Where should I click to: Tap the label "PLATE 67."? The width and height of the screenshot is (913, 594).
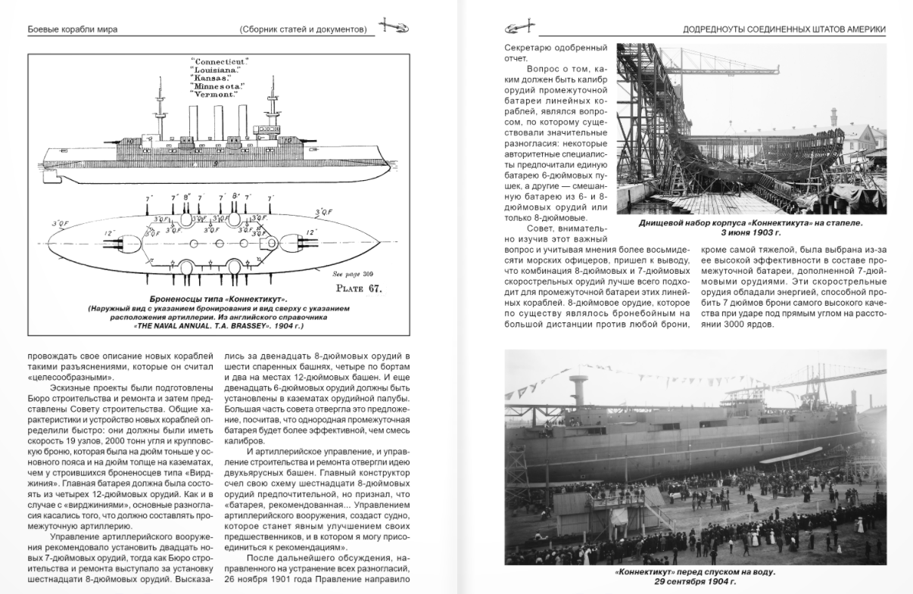pyautogui.click(x=358, y=288)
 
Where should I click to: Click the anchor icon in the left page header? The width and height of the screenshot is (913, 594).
pyautogui.click(x=392, y=28)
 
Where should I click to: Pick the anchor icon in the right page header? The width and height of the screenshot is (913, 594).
pyautogui.click(x=519, y=28)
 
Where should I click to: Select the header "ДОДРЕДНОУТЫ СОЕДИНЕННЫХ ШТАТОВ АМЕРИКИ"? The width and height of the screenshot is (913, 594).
pyautogui.click(x=784, y=30)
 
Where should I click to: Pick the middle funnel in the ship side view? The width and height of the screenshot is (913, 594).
pyautogui.click(x=218, y=122)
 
